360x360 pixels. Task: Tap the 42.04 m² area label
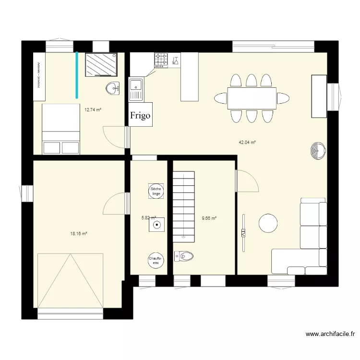click(247, 142)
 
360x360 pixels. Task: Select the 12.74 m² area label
click(93, 109)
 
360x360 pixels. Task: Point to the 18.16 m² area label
click(78, 234)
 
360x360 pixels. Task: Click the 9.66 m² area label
click(209, 218)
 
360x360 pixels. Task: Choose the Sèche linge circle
click(156, 191)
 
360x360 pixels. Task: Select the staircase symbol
click(184, 205)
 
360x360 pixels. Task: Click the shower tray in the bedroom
click(101, 64)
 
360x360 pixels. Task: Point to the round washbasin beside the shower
click(113, 88)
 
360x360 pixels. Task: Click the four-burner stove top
click(161, 60)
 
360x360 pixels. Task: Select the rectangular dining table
click(252, 98)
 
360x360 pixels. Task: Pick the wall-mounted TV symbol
click(243, 233)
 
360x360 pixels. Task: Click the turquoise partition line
click(76, 74)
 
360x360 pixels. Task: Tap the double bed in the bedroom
click(61, 129)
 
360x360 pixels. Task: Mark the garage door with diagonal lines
click(70, 280)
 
